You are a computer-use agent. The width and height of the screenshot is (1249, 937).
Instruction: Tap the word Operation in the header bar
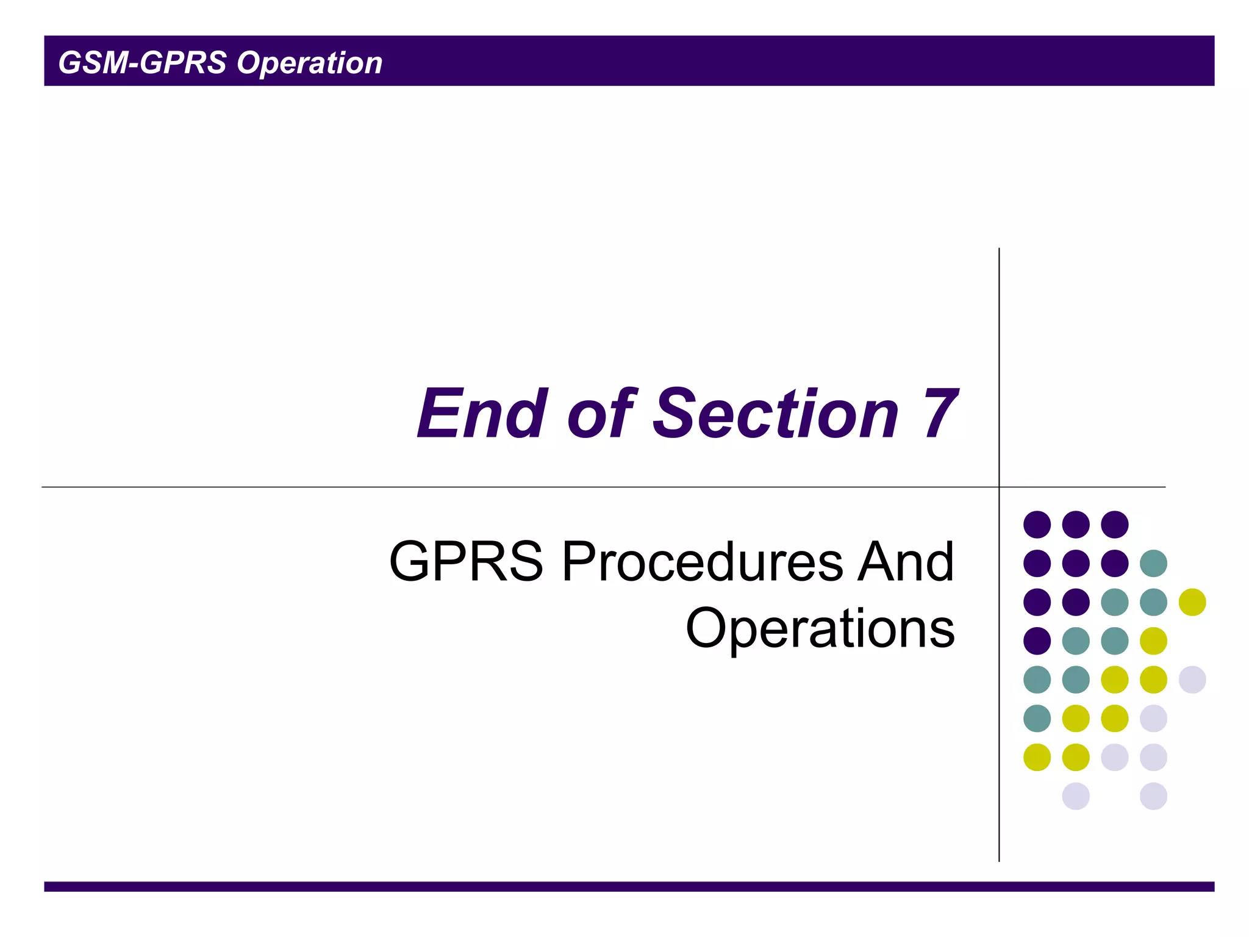(309, 63)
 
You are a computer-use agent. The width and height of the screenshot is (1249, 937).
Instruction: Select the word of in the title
(601, 414)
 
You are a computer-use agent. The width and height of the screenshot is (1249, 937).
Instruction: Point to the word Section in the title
(775, 414)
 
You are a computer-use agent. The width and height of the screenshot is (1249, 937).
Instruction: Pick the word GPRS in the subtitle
(466, 562)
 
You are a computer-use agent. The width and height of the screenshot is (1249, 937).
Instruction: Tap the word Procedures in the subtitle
(702, 562)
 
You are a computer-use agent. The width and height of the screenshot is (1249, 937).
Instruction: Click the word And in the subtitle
(905, 562)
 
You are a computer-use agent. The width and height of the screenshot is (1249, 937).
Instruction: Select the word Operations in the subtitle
(820, 628)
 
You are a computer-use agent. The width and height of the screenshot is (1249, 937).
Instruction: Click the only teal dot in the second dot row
(1153, 563)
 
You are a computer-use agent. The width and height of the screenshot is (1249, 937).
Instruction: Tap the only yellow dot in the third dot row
(1192, 602)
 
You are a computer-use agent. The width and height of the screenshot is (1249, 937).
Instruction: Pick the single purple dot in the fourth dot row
(1037, 641)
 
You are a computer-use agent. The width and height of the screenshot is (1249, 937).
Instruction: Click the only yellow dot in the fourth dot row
(1153, 641)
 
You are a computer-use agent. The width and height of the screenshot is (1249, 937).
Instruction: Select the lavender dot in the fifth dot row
(1192, 680)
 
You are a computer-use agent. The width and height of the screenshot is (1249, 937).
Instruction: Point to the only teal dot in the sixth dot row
(1037, 718)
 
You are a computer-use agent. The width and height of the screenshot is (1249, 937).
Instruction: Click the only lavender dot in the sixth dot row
(1153, 718)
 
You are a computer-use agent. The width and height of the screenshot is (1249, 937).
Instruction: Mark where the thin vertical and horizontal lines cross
(999, 487)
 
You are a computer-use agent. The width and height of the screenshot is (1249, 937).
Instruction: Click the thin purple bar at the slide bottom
(628, 886)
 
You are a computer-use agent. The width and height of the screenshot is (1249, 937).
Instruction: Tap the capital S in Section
(673, 414)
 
